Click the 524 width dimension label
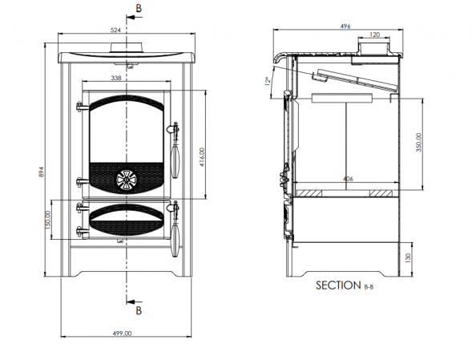tap(115, 30)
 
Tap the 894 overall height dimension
tap(42, 172)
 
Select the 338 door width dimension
tap(116, 78)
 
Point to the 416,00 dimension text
tap(201, 157)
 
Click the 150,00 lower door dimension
tap(47, 220)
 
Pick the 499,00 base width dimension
tap(123, 334)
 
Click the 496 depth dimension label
tap(345, 26)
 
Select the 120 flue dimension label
tap(374, 34)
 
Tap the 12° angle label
tap(268, 81)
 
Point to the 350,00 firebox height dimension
tap(419, 142)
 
